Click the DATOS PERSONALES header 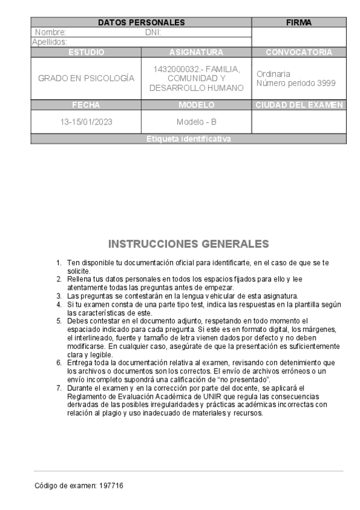click(x=141, y=22)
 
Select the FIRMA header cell click(x=299, y=22)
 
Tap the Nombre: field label click(x=50, y=32)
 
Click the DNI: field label click(x=153, y=32)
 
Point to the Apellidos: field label click(x=49, y=42)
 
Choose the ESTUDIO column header click(x=86, y=52)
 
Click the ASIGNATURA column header click(x=196, y=52)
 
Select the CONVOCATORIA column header click(x=299, y=52)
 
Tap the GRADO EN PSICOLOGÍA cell click(x=86, y=78)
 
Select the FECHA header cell click(x=86, y=105)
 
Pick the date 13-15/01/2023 click(x=86, y=121)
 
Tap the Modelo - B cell click(x=196, y=121)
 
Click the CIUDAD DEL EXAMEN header click(x=299, y=105)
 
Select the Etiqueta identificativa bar click(x=188, y=139)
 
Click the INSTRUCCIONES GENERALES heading click(x=189, y=244)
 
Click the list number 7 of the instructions click(x=59, y=389)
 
